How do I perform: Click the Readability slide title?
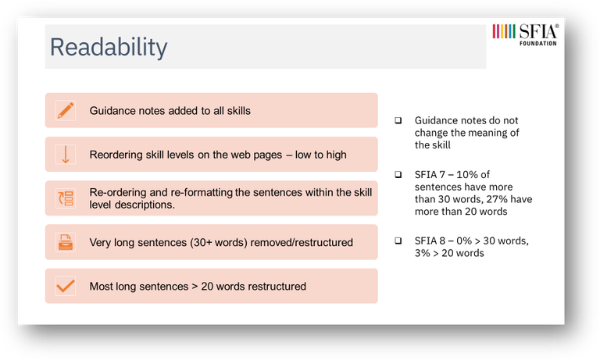(109, 48)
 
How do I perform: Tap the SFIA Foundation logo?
(525, 35)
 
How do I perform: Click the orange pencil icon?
(66, 111)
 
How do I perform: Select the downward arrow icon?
(66, 155)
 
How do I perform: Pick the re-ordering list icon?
(66, 198)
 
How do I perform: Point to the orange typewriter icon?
(66, 242)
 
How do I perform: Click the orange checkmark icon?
(66, 286)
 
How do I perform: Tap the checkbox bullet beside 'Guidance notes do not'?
(398, 120)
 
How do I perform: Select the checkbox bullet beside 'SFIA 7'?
(398, 175)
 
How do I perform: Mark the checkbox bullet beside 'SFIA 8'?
(398, 241)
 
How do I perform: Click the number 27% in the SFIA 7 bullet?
(497, 199)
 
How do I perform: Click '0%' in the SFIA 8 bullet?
(464, 241)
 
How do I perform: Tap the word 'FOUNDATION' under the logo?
(538, 44)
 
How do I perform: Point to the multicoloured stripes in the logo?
(504, 31)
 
